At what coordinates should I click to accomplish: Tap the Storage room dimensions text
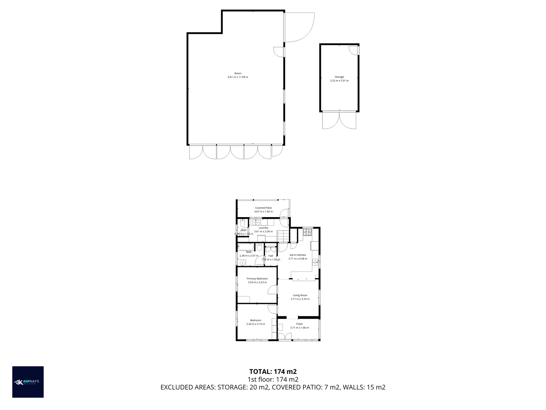pyautogui.click(x=339, y=80)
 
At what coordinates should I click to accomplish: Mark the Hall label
pyautogui.click(x=271, y=256)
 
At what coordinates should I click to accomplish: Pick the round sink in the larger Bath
pyautogui.click(x=242, y=262)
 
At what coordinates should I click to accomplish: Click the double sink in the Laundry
pyautogui.click(x=256, y=222)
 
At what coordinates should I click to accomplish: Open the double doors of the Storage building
pyautogui.click(x=339, y=120)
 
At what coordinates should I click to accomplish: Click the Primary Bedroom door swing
pyautogui.click(x=272, y=290)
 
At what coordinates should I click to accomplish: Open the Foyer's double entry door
pyautogui.click(x=285, y=336)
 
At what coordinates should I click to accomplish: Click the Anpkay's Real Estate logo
pyautogui.click(x=28, y=382)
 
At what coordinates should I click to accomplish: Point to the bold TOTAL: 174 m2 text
pyautogui.click(x=273, y=372)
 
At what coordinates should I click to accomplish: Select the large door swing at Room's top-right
pyautogui.click(x=299, y=27)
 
